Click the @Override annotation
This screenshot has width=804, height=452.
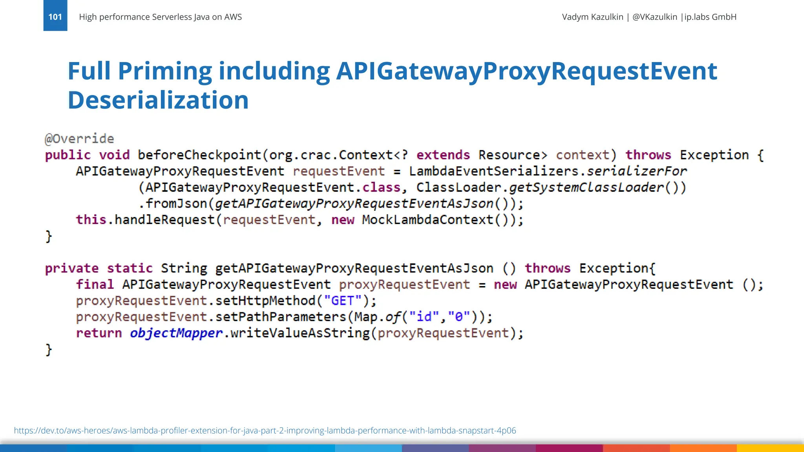pos(79,139)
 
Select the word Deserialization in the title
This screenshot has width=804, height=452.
pos(158,100)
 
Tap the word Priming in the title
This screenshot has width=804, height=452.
pos(165,71)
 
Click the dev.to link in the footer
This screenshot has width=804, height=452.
pos(265,430)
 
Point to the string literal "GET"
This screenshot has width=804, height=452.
pos(343,301)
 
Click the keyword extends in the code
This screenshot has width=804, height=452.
pos(443,155)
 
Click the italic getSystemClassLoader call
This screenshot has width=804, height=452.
pos(586,188)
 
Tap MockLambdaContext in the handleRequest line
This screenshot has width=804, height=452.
pos(428,220)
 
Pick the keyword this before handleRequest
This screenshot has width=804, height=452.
pos(91,220)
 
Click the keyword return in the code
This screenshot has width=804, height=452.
pos(99,333)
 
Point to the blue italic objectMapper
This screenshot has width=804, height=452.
pos(176,333)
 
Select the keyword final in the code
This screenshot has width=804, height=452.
pos(95,284)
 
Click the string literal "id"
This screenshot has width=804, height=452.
pos(424,317)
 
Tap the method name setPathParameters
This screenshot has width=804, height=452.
pos(281,317)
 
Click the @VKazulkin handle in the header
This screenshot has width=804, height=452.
pos(655,17)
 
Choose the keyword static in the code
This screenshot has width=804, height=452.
pos(130,268)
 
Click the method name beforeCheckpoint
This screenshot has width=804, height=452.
pos(199,155)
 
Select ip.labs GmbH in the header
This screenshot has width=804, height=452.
pos(710,17)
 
